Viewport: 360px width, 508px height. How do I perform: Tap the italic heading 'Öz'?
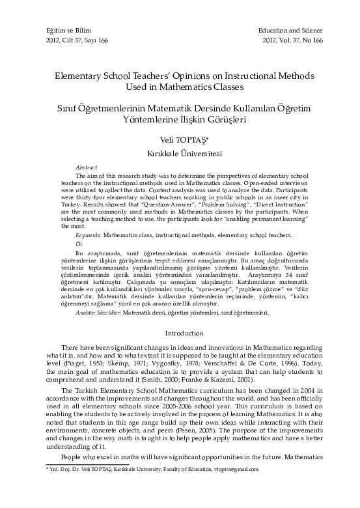pos(79,244)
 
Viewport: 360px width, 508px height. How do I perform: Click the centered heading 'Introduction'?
pos(180,333)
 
